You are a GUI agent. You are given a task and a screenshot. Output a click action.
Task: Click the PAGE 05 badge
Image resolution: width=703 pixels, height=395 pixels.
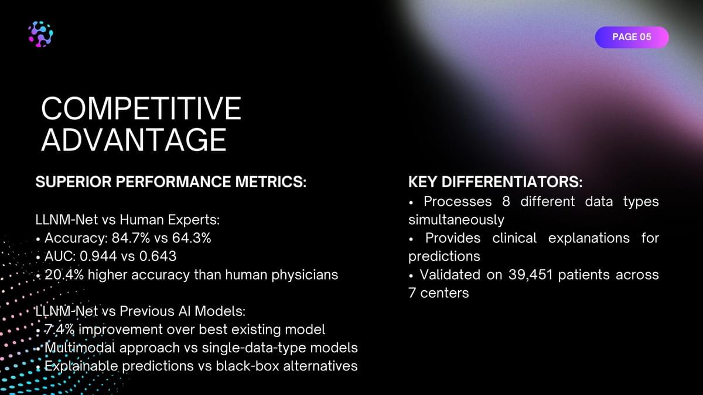632,37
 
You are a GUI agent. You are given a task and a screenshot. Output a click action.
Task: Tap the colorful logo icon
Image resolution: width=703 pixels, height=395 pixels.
40,34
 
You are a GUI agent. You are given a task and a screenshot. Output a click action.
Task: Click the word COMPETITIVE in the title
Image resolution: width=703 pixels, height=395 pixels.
141,108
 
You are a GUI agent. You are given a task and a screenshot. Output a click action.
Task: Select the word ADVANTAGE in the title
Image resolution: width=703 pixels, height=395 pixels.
134,139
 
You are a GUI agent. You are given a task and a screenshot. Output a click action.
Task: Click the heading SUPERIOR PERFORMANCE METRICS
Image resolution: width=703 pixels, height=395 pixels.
170,182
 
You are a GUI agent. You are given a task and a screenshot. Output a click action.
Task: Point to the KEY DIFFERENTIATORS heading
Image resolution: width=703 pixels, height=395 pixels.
495,182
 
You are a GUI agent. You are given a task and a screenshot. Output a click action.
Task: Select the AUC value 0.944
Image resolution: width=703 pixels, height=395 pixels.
98,256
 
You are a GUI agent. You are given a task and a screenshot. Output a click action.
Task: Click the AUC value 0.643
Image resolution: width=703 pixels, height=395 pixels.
158,256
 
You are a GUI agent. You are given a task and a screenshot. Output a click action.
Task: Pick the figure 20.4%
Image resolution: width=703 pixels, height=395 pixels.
64,274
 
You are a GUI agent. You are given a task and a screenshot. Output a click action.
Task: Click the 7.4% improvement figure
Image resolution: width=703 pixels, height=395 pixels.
59,329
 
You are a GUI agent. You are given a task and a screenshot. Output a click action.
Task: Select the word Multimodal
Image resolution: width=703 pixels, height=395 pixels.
80,348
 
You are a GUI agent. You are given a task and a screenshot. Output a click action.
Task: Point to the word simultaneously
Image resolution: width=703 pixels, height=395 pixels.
456,220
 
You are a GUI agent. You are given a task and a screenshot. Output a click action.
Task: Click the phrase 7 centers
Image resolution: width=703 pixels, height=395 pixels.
438,293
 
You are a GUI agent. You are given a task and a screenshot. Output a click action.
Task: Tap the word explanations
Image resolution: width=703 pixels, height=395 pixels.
589,238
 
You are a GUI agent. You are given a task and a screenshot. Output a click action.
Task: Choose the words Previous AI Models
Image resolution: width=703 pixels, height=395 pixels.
182,311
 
